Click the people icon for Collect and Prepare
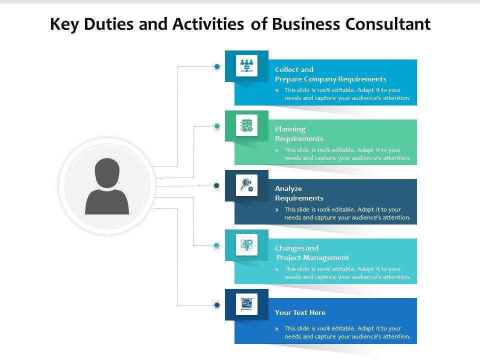[246, 65]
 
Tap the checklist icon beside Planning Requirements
[246, 125]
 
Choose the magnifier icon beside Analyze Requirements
[246, 185]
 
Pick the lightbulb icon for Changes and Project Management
[246, 244]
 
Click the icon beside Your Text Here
[246, 304]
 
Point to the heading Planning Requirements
[299, 133]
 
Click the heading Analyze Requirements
[299, 193]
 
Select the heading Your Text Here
[300, 312]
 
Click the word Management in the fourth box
[327, 257]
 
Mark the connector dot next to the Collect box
[217, 66]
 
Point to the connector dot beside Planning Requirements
[217, 126]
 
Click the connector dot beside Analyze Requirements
[216, 185]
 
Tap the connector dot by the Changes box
[217, 245]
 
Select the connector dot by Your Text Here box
[217, 304]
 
